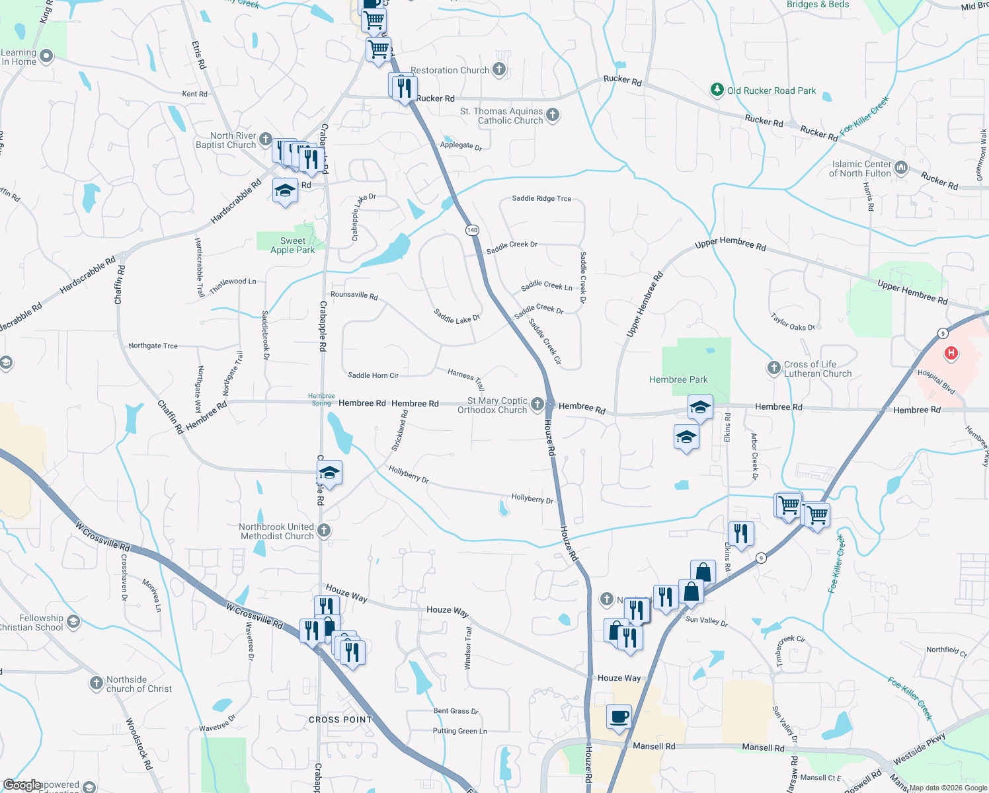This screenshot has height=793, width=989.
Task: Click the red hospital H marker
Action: click(x=951, y=353)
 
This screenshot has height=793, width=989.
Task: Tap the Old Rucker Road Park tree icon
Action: click(x=717, y=90)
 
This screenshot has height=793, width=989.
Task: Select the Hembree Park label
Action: click(x=678, y=379)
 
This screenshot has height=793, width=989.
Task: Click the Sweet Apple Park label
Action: click(x=292, y=245)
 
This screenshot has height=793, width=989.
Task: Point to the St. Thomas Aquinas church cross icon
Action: click(x=553, y=115)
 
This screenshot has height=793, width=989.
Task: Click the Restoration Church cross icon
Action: click(x=499, y=69)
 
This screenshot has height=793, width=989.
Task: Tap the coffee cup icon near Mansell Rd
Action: click(x=619, y=716)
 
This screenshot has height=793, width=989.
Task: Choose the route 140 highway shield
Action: click(x=472, y=230)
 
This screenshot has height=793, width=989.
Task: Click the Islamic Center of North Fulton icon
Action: click(x=901, y=168)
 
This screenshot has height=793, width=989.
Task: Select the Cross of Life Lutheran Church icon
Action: click(x=774, y=368)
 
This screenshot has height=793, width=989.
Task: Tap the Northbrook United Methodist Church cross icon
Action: click(x=324, y=530)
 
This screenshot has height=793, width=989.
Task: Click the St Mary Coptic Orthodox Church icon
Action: click(x=537, y=404)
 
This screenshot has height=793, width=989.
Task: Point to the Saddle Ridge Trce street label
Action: click(x=541, y=198)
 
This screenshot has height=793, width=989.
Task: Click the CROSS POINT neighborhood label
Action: click(x=340, y=720)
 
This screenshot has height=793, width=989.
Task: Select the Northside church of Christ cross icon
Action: click(x=97, y=683)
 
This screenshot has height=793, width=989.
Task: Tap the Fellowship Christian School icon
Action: click(x=73, y=621)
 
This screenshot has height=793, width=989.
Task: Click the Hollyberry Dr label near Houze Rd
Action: click(x=532, y=499)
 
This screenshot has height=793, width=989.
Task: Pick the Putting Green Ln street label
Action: click(x=459, y=731)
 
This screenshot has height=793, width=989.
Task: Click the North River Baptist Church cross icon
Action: click(x=266, y=139)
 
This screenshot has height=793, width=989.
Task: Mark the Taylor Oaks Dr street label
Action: click(x=793, y=322)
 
